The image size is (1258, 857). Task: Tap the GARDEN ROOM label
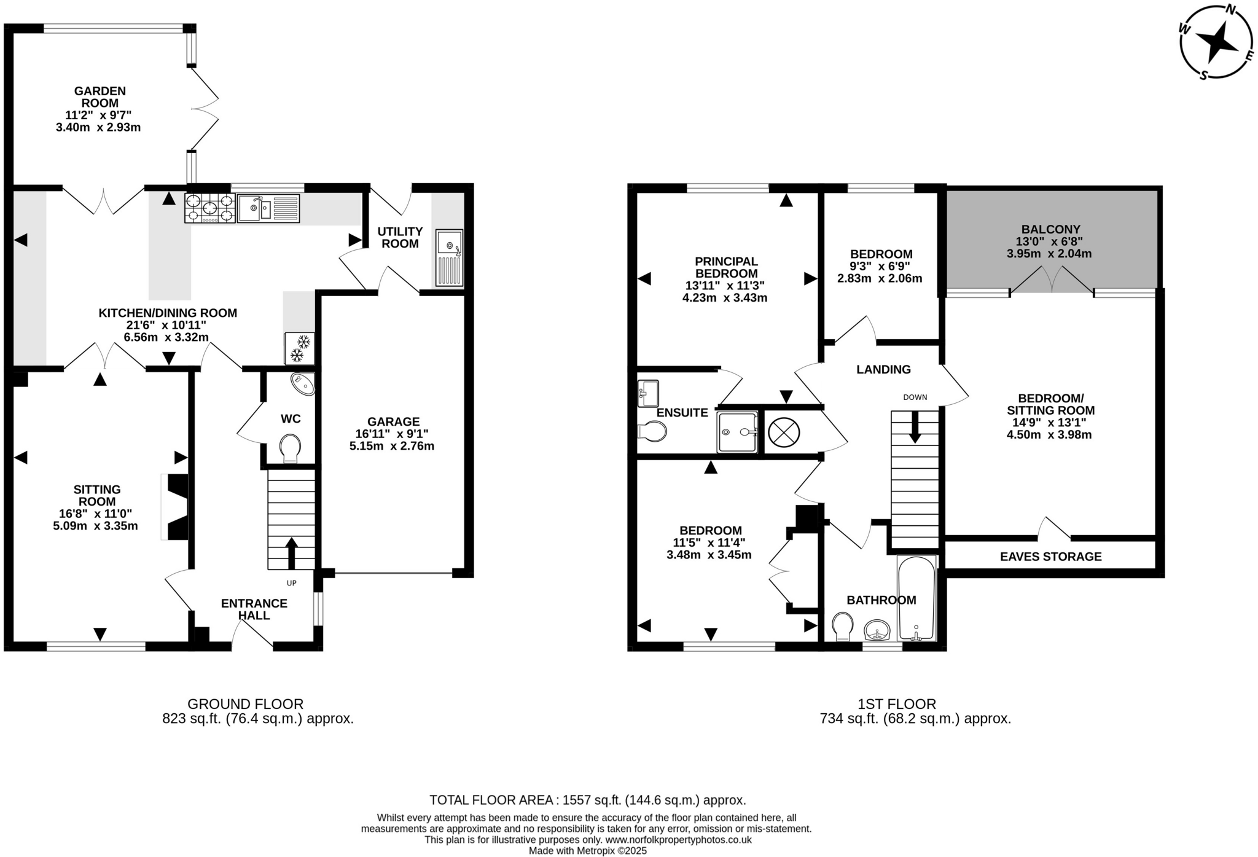[100, 97]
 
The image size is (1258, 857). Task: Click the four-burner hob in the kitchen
[210, 208]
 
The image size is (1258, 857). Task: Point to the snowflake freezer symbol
[299, 348]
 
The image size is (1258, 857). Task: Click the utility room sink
[450, 258]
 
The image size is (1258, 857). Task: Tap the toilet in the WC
[290, 448]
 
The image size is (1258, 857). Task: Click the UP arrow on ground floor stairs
[291, 552]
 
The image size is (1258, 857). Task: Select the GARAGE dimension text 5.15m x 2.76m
[392, 446]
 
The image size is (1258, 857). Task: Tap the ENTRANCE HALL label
[254, 609]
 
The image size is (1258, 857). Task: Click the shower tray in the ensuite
[736, 432]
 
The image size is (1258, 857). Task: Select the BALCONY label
[1050, 229]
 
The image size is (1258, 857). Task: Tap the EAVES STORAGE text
[1050, 557]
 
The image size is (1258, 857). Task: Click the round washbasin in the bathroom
[877, 630]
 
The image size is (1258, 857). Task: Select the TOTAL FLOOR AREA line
[587, 800]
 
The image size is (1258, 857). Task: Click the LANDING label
[883, 369]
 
